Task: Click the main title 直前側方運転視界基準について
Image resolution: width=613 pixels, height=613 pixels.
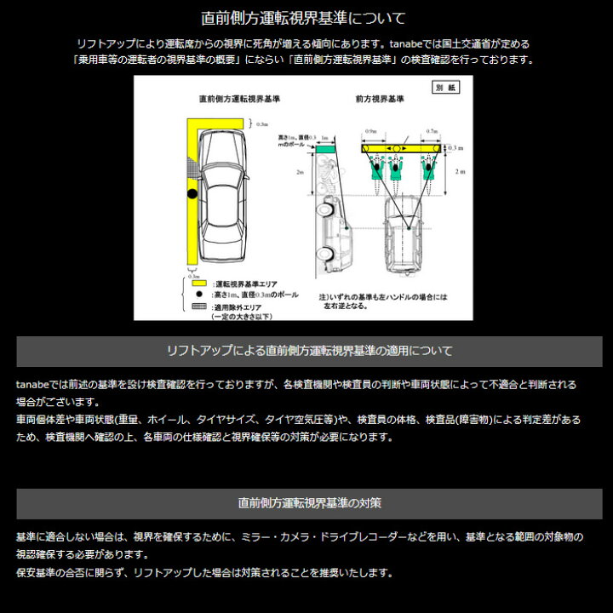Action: pyautogui.click(x=303, y=17)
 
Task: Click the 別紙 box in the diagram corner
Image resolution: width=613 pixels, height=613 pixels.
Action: pyautogui.click(x=445, y=87)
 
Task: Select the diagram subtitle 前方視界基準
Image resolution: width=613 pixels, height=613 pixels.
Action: pyautogui.click(x=380, y=99)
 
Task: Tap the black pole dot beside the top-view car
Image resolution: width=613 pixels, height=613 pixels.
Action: pyautogui.click(x=192, y=195)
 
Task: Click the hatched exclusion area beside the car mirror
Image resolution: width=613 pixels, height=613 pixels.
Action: pyautogui.click(x=196, y=174)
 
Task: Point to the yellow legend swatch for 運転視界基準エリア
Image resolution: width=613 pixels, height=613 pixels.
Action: pyautogui.click(x=198, y=282)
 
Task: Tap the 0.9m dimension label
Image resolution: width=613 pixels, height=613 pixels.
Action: pyautogui.click(x=370, y=133)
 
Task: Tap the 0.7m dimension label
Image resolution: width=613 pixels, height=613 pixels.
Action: pyautogui.click(x=430, y=133)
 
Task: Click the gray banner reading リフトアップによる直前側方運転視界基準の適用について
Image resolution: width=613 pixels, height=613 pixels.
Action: pyautogui.click(x=309, y=351)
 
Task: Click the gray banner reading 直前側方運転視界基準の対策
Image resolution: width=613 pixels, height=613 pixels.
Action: pyautogui.click(x=309, y=503)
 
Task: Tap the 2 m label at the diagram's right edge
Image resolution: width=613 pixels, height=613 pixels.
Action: pyautogui.click(x=460, y=172)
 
